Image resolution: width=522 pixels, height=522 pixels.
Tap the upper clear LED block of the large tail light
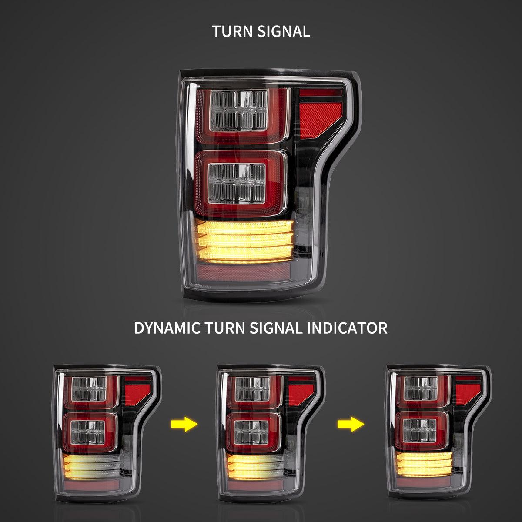[238, 109]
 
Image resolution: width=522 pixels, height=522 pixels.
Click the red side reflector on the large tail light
[318, 115]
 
